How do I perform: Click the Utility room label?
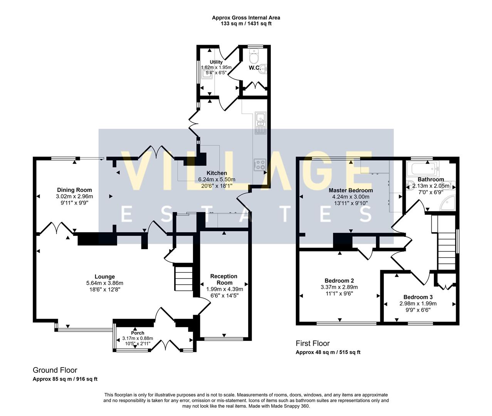click(x=216, y=62)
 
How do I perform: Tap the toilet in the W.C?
click(x=254, y=58)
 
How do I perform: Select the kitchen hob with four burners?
click(x=260, y=164)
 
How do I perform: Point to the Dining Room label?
click(x=74, y=190)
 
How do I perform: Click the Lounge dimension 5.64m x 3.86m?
click(x=105, y=283)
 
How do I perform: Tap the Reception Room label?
click(x=224, y=279)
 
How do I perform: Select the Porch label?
click(x=138, y=333)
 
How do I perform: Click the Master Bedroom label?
click(x=350, y=190)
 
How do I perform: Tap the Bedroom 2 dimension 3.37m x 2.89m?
click(x=339, y=287)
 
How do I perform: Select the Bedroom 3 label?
click(x=418, y=297)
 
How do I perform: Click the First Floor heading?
click(x=312, y=343)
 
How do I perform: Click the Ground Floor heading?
click(x=55, y=370)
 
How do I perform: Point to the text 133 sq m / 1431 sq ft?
click(x=246, y=24)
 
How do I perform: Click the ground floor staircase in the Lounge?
click(x=184, y=277)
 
